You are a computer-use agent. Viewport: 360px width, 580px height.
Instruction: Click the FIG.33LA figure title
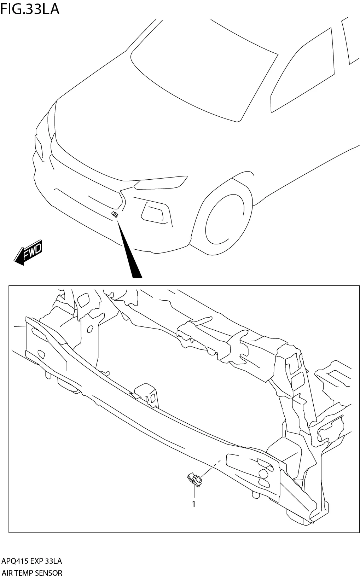(x=30, y=9)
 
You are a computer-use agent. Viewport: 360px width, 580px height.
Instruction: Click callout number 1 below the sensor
(x=193, y=504)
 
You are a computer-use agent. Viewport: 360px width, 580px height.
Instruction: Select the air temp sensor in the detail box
(x=194, y=480)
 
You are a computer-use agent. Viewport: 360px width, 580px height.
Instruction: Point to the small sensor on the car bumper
(x=115, y=214)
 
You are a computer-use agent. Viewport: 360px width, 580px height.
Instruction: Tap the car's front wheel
(x=225, y=219)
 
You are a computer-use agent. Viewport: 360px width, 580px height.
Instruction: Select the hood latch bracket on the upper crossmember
(x=193, y=331)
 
